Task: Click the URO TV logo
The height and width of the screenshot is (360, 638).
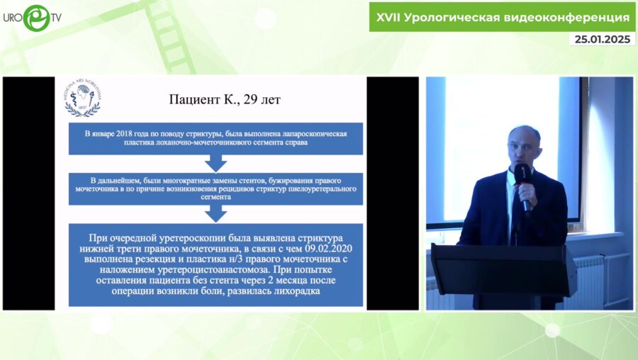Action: click(x=32, y=18)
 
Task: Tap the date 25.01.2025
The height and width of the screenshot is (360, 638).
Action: click(x=601, y=39)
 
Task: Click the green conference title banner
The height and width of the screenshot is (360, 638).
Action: click(x=501, y=17)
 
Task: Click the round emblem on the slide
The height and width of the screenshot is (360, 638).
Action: click(x=82, y=97)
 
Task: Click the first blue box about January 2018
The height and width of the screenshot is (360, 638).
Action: click(x=216, y=137)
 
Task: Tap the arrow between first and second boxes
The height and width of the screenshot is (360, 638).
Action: click(x=216, y=163)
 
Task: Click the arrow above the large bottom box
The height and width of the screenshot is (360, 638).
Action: click(x=216, y=213)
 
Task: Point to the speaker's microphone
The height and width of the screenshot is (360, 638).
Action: click(x=523, y=184)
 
